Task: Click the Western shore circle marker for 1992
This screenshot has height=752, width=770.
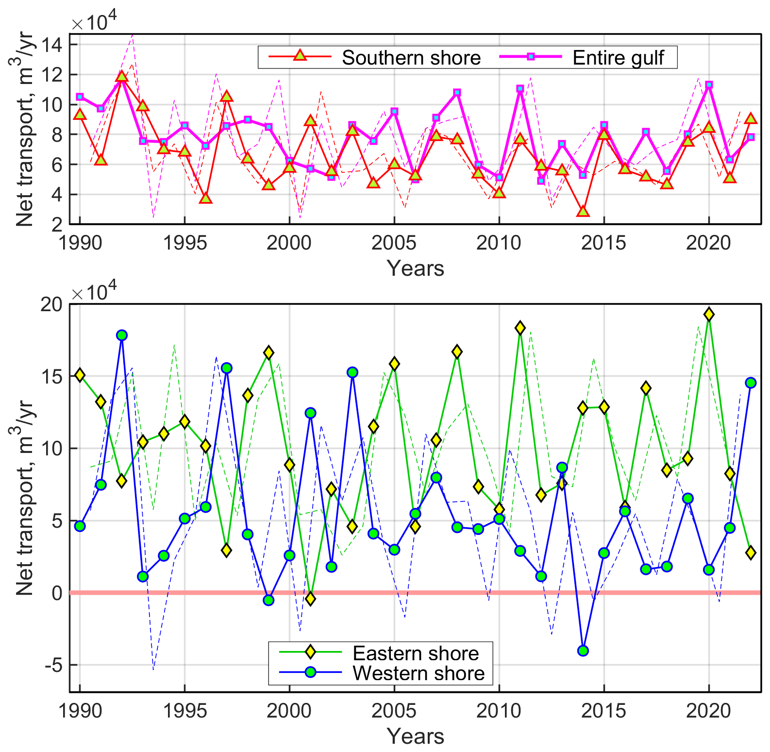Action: tap(122, 335)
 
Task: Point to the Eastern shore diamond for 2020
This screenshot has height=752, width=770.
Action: tap(709, 315)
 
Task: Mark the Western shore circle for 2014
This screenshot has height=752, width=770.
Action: tap(583, 651)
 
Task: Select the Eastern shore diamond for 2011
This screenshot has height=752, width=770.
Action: tap(520, 328)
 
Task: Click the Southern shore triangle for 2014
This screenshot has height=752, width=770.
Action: tap(583, 212)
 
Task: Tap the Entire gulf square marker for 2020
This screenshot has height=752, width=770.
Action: tap(709, 84)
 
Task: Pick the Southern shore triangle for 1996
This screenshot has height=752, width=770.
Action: tap(205, 198)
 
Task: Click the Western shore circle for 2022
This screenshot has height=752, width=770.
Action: tap(751, 383)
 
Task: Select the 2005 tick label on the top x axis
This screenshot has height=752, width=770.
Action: tap(394, 243)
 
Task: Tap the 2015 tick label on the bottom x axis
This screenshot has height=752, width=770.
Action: tap(603, 711)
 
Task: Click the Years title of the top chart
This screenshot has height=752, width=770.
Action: tap(415, 268)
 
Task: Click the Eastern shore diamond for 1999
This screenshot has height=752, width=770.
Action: tap(268, 352)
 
